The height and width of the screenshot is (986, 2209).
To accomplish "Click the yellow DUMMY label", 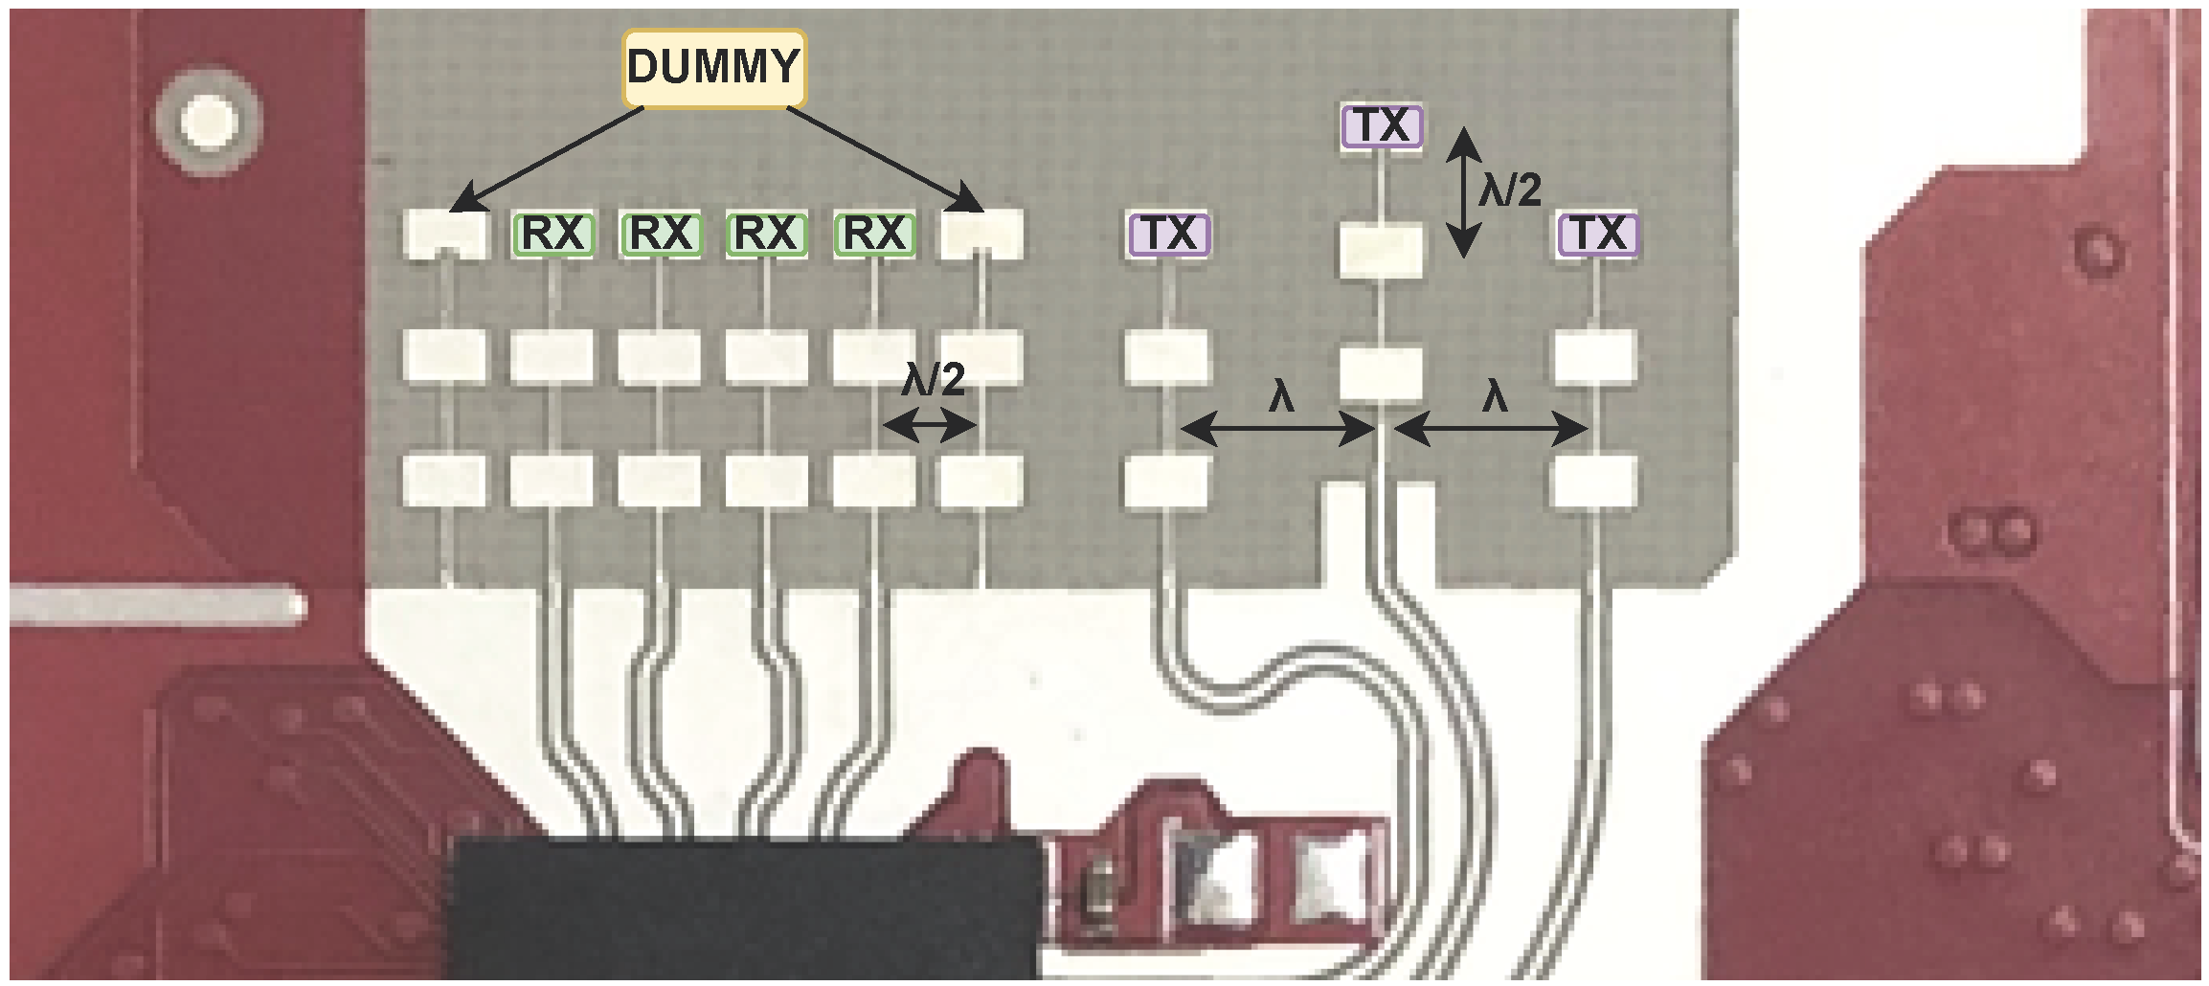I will point(713,68).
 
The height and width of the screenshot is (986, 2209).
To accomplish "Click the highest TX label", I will point(1382,126).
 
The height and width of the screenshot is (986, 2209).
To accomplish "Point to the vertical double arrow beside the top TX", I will point(1463,192).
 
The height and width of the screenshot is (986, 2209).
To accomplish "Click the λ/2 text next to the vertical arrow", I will point(1510,191).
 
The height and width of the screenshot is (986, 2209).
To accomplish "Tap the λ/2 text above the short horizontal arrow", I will point(933,381).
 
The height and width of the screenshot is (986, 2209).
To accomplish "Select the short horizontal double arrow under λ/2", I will point(928,426).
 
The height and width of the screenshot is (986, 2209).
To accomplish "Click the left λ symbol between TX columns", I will point(1281,395).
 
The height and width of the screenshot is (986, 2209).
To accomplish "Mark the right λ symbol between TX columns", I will point(1495,395).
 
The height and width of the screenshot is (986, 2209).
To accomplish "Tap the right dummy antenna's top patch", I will point(981,233).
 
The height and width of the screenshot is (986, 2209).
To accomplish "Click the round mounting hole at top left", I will point(209,122).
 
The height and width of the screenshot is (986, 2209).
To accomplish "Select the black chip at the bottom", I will point(745,909).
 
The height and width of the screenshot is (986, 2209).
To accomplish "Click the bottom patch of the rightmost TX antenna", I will point(1593,480).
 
